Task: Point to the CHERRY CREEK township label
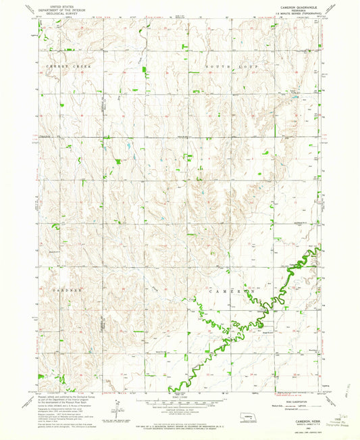pos(68,66)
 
